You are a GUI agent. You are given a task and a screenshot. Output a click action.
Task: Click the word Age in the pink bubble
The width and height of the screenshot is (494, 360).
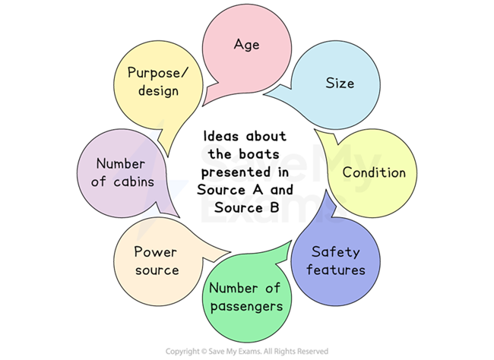coord(246,44)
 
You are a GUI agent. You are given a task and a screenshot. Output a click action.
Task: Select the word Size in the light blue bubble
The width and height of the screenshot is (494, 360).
coord(340,83)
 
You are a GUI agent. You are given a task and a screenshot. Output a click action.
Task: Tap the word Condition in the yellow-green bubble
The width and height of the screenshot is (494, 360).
coord(374,172)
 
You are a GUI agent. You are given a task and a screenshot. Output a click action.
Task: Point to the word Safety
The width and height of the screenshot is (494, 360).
coord(336,252)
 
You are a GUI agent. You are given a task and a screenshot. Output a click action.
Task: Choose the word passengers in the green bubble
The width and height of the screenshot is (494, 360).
coord(245,307)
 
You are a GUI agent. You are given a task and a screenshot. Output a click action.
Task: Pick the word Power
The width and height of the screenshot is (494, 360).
coord(156,252)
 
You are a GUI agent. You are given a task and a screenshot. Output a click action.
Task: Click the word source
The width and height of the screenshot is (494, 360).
coord(156,270)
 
